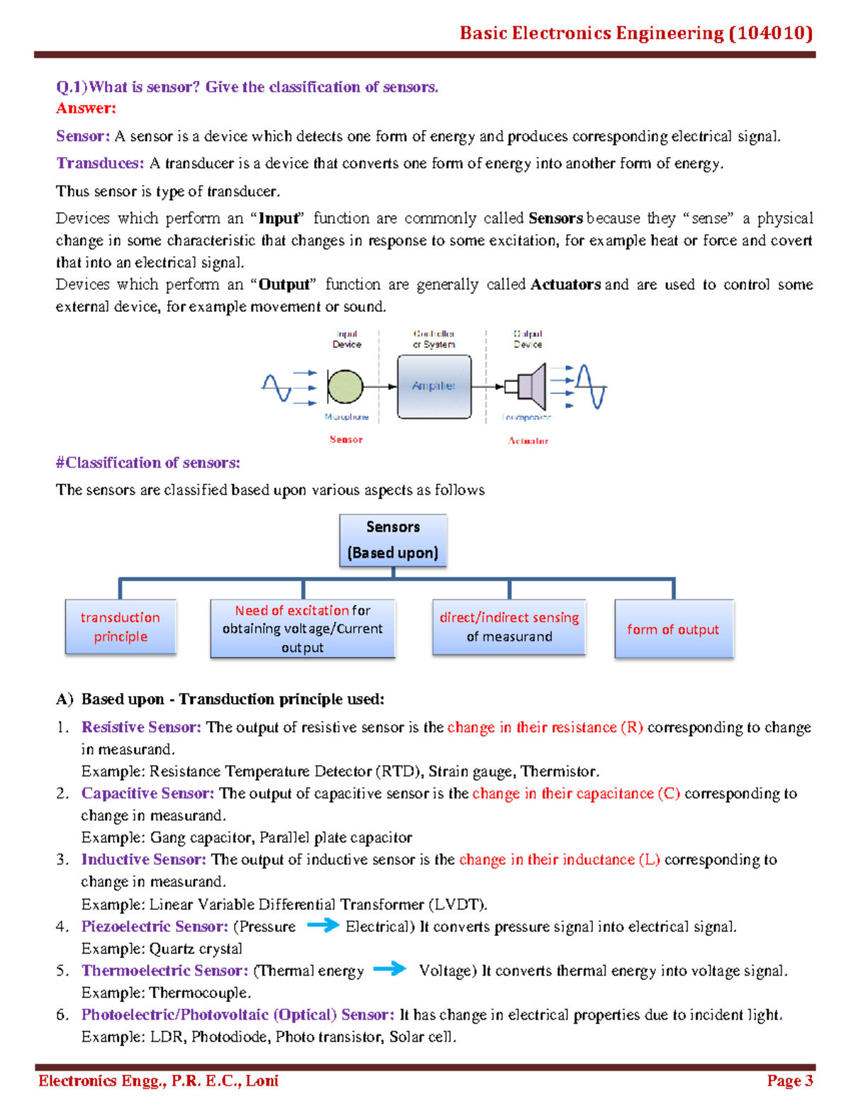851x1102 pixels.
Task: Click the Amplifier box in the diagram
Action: click(x=434, y=387)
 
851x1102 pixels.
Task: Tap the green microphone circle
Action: click(x=345, y=387)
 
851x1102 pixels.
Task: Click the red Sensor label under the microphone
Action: click(x=346, y=440)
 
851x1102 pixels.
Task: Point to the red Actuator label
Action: click(x=528, y=441)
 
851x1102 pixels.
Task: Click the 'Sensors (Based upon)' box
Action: click(x=393, y=540)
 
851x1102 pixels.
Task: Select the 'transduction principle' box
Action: click(x=121, y=627)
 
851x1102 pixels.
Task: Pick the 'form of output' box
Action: click(x=673, y=629)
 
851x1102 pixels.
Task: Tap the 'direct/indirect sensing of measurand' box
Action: click(x=509, y=627)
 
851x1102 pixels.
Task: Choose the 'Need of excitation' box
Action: click(x=303, y=629)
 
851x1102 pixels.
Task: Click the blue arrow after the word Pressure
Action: click(x=323, y=925)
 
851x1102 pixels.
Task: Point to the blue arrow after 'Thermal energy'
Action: click(x=389, y=969)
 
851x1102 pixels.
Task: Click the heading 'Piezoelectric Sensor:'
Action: click(x=155, y=927)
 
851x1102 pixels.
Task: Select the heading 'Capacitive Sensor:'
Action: click(x=148, y=793)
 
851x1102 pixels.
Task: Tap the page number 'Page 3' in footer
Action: click(x=789, y=1081)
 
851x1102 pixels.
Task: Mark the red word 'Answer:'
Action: click(x=86, y=109)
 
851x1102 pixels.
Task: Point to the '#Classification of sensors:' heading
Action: click(x=148, y=463)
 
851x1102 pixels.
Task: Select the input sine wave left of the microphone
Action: click(x=277, y=388)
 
